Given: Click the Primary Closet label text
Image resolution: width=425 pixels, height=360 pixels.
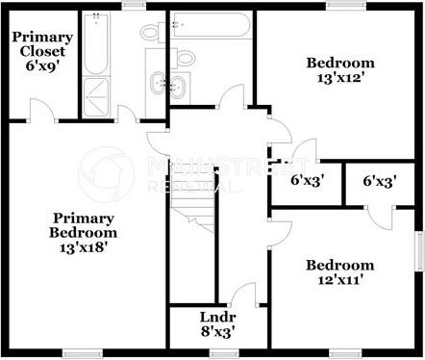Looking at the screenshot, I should click(x=39, y=43).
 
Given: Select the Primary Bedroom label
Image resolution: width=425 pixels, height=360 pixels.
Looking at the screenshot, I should click(x=85, y=225).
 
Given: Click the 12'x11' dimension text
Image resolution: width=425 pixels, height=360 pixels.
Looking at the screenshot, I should click(x=338, y=280).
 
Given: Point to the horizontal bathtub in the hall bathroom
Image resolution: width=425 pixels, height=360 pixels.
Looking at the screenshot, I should click(x=210, y=27).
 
